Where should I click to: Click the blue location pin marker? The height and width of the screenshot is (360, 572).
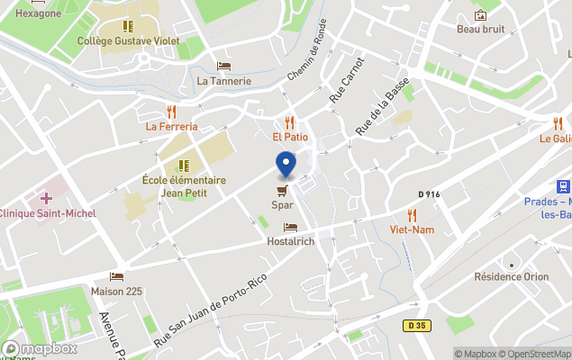(286, 165)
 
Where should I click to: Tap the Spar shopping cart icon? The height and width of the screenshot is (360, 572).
(283, 190)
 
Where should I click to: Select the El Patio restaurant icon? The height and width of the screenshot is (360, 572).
(290, 121)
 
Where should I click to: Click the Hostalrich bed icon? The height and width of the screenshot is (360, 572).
(290, 228)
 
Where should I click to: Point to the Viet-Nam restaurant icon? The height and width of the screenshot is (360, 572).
(412, 214)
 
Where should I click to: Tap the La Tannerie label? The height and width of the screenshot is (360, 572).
(224, 81)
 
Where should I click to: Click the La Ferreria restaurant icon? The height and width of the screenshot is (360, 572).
(171, 112)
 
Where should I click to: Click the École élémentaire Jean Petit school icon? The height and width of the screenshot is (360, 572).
(184, 166)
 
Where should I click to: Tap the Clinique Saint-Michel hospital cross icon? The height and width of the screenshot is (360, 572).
(46, 197)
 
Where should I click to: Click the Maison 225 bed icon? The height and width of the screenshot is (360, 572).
(116, 276)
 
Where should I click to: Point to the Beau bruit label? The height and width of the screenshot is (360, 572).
(480, 29)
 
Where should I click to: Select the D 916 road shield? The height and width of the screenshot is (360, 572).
(430, 194)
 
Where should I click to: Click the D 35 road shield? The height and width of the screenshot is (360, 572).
(415, 326)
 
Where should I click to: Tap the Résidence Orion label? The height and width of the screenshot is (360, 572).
(511, 277)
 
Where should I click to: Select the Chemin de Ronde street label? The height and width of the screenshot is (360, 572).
(307, 53)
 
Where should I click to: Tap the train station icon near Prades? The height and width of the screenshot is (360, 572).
(563, 186)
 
